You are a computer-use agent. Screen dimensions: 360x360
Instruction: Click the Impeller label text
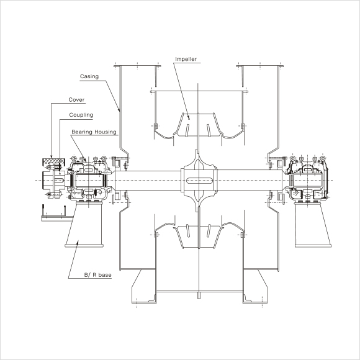[186, 59]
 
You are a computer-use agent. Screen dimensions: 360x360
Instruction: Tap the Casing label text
[89, 76]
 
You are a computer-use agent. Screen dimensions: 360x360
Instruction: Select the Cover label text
[76, 100]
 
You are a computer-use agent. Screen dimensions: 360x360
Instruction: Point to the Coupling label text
[81, 115]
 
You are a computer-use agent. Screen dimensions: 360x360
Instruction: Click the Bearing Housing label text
[94, 132]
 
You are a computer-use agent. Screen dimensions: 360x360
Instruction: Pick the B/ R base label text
[98, 275]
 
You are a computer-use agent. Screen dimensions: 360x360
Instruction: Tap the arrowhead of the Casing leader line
[119, 110]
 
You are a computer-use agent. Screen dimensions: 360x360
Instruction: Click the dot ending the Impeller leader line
[189, 119]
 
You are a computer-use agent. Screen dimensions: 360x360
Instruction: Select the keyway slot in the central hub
[199, 181]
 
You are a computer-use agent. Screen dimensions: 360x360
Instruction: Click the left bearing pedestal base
[84, 224]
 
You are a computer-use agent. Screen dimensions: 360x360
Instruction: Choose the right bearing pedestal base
[313, 225]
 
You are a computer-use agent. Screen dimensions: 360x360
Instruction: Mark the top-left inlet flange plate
[137, 66]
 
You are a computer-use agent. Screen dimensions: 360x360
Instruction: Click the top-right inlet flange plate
[260, 66]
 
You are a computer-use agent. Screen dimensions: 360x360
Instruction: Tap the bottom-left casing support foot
[144, 286]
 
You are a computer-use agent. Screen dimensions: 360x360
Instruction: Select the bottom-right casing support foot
[255, 286]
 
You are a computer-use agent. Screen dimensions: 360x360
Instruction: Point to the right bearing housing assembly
[307, 179]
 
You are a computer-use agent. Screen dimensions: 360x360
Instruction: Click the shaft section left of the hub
[148, 181]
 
